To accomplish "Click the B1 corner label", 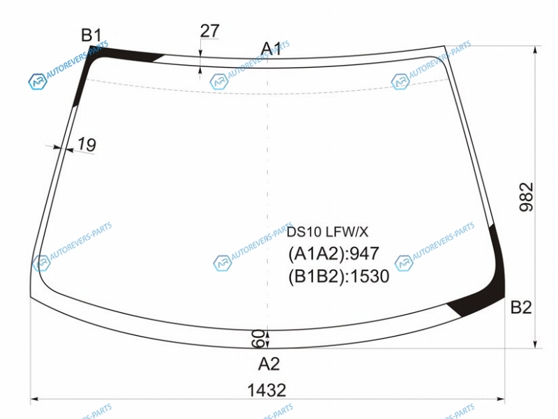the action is click(91, 36).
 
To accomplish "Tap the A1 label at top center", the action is click(271, 48).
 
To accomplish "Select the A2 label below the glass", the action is click(269, 364).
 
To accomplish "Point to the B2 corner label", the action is click(521, 307).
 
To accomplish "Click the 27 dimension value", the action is click(210, 31).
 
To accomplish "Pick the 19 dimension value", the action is click(86, 145).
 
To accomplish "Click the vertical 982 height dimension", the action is click(527, 197).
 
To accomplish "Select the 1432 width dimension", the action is click(266, 390).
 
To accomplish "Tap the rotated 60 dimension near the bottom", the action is click(258, 339).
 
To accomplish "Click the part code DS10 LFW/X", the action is click(327, 233).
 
